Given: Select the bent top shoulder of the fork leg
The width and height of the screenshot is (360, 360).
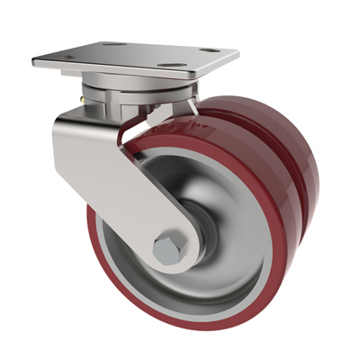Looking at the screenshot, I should (76, 126).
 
